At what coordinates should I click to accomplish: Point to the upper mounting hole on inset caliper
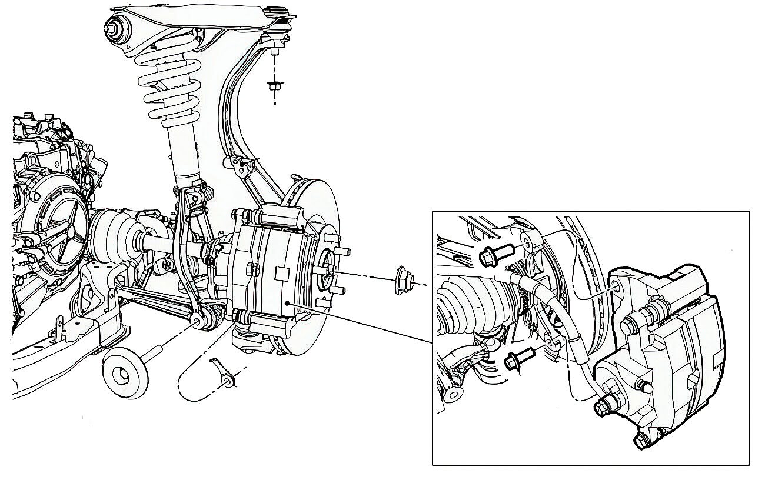(616, 286)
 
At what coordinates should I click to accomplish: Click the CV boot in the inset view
(471, 300)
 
